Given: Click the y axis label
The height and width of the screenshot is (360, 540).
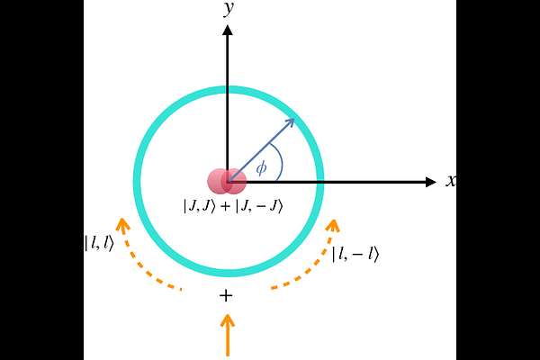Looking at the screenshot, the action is pos(229,8).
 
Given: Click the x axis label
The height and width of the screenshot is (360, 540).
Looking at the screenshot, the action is pos(451,181).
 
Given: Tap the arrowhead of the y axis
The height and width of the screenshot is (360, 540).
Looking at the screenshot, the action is pos(228,31).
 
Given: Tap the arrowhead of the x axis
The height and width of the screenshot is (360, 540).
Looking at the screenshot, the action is pos(431,182).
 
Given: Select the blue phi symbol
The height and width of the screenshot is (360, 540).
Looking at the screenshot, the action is pos(261,168).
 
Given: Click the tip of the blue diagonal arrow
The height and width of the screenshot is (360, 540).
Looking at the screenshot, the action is pos(294,119).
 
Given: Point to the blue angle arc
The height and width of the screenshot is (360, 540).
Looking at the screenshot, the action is pos(279,160).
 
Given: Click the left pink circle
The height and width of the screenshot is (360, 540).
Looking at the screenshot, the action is pos(219,181).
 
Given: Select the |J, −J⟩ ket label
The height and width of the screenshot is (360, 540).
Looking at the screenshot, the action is pos(259,206).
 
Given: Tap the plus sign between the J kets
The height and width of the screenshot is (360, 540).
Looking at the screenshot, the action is pos(225,206).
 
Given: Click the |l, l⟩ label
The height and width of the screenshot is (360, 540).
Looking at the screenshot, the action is pos(99,242).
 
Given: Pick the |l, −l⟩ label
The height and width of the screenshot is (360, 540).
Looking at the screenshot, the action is pos(355,254).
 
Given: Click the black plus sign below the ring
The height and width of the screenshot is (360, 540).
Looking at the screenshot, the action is pos(226,295).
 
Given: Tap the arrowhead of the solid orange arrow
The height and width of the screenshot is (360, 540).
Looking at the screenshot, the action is pos(228,319).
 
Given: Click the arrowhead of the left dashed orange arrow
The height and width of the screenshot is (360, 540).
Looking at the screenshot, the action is pos(122,224).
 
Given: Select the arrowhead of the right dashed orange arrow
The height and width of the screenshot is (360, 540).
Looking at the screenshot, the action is pos(333,225).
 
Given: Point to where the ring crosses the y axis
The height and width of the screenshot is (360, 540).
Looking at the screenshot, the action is pos(228,90).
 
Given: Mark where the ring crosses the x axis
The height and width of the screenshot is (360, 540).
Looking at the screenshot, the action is pos(319,182).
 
